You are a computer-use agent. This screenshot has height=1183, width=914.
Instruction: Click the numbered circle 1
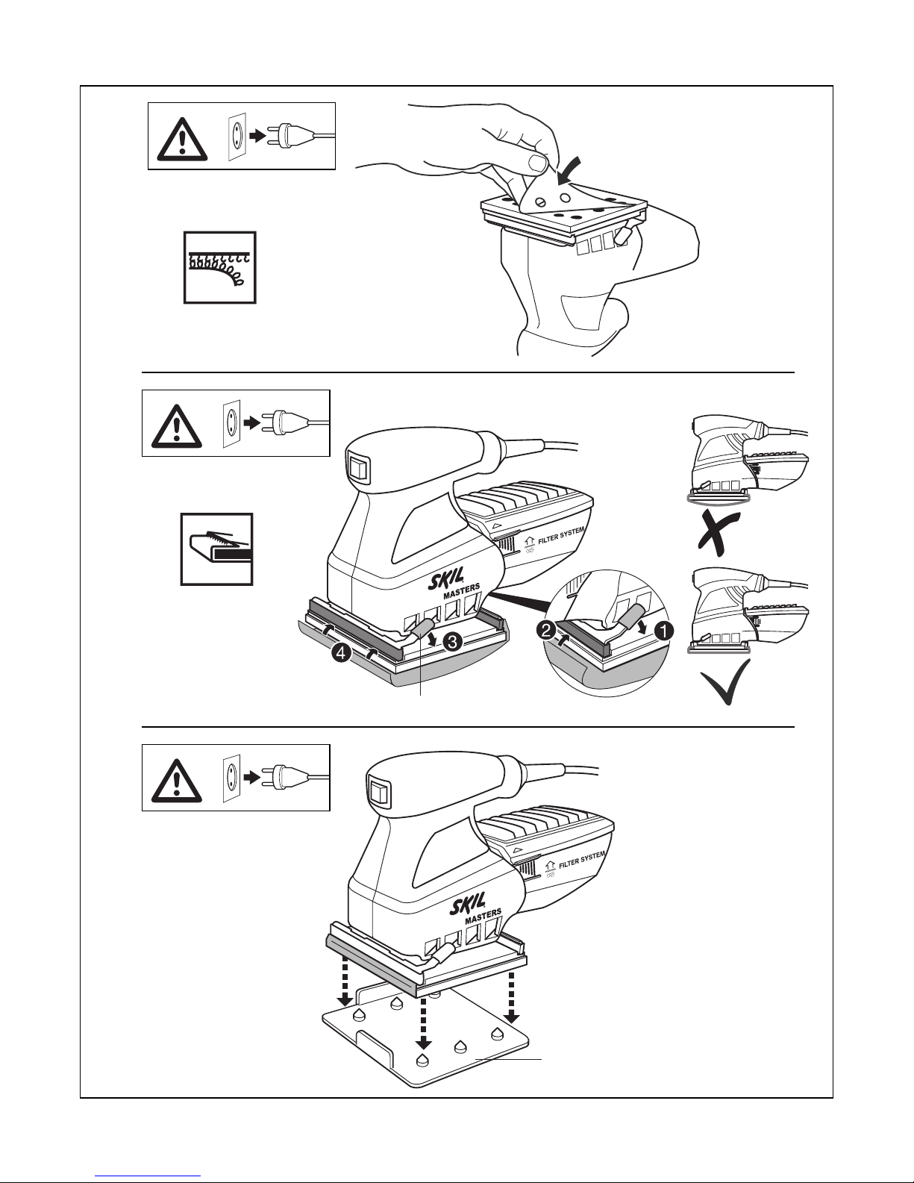[663, 630]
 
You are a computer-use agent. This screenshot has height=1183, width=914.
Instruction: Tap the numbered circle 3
[451, 640]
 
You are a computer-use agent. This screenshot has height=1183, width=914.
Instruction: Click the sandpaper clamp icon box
[216, 549]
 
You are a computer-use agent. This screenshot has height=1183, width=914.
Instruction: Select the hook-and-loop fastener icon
[219, 267]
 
